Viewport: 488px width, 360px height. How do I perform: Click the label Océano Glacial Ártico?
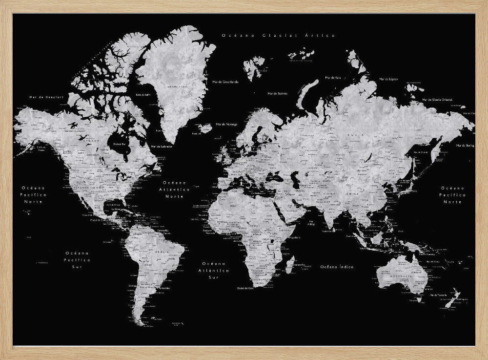279,36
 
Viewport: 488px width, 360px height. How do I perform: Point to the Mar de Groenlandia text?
225,82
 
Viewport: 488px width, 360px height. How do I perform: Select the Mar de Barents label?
278,93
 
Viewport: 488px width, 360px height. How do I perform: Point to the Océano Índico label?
337,267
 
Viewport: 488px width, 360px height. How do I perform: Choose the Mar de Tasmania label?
437,295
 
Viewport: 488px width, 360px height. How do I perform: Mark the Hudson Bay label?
120,144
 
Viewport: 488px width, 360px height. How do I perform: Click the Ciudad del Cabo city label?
245,288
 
